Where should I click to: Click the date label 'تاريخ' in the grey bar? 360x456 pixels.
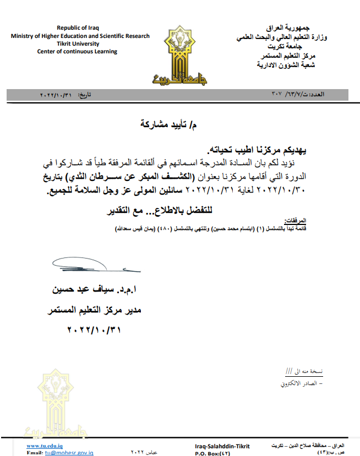(84, 95)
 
